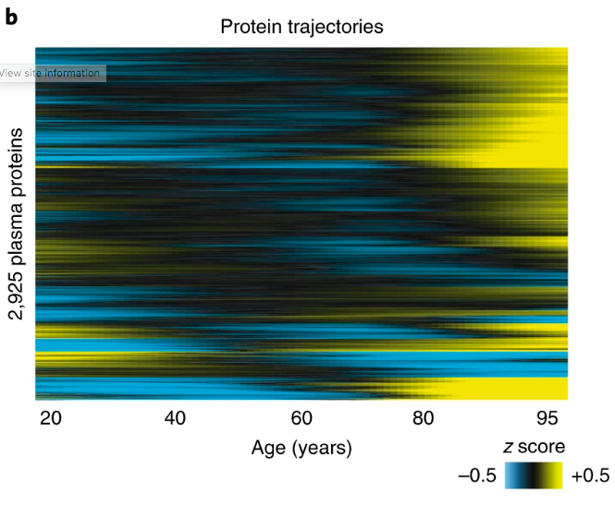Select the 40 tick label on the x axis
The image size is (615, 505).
tap(177, 418)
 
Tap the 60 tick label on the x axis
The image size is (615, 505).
tap(301, 418)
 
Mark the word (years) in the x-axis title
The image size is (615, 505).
tap(319, 450)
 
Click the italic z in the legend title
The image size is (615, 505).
tap(508, 447)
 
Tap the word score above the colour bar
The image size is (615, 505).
tap(542, 447)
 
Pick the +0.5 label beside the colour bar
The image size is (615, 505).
tap(590, 476)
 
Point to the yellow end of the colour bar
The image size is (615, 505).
tap(557, 475)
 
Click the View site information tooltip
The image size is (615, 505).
tap(52, 73)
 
